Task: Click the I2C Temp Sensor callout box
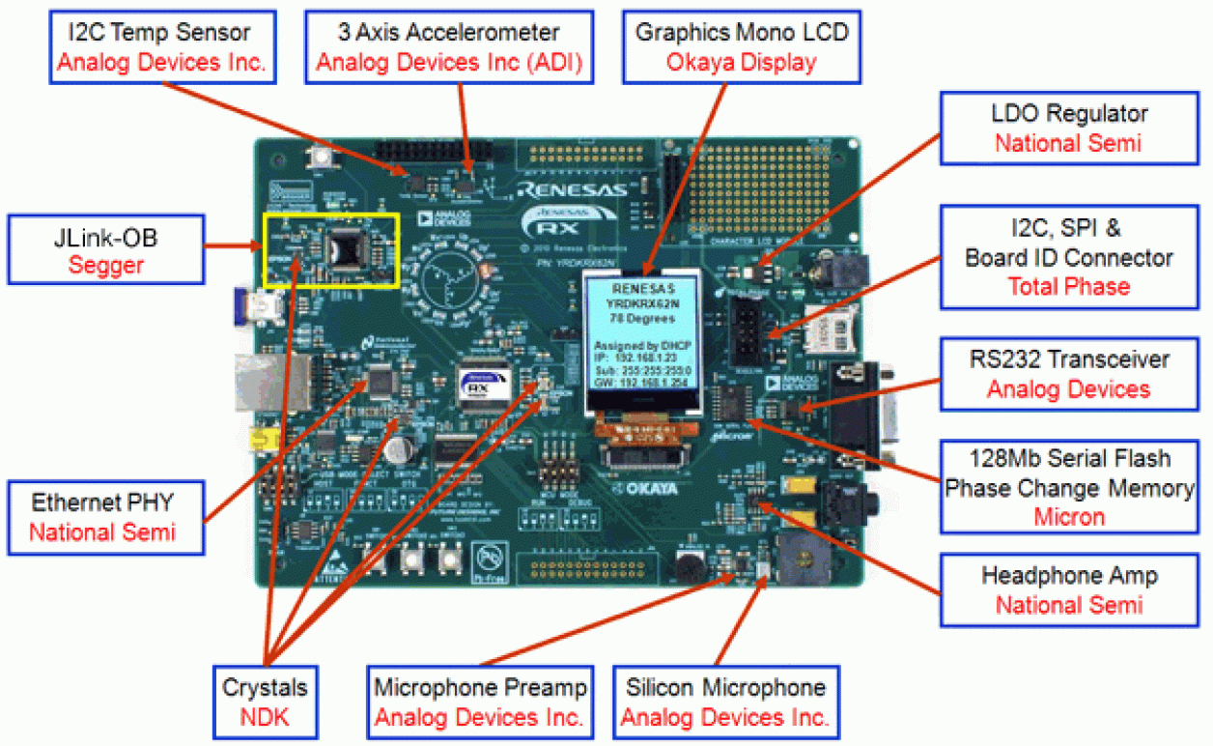coord(161,47)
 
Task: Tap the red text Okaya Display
coord(741,63)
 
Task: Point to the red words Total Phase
coord(1068,286)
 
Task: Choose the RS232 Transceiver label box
coord(1069,374)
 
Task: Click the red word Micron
coord(1068,517)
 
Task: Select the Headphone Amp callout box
coord(1069,590)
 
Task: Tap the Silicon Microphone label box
coord(725,703)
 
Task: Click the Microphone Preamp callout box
coord(480,703)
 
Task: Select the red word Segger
coord(106,265)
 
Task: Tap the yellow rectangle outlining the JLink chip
coord(331,249)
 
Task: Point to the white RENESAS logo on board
coord(570,189)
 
